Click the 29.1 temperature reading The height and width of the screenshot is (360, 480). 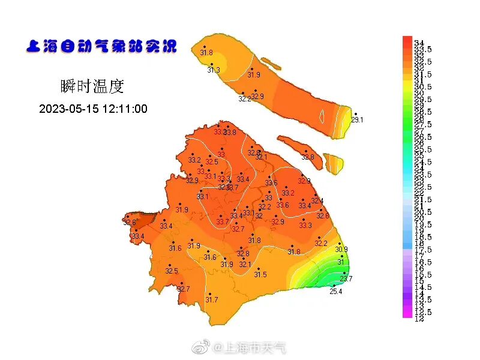[x=357, y=120]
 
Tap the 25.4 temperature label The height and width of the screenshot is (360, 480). [x=336, y=292]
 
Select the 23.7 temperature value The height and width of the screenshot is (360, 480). [x=346, y=278]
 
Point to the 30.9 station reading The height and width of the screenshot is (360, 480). [x=341, y=249]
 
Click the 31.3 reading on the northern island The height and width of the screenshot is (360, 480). [x=214, y=70]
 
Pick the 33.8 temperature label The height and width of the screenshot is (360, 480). [x=230, y=133]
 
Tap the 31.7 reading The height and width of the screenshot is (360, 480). [x=212, y=299]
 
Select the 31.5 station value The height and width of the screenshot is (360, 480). [x=260, y=274]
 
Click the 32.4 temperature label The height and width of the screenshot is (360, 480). [x=317, y=201]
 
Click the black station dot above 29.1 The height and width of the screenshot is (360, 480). [x=355, y=113]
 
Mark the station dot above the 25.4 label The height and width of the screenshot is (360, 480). [x=334, y=286]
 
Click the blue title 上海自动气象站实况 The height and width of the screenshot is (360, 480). [x=101, y=46]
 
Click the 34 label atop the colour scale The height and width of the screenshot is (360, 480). [x=419, y=43]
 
